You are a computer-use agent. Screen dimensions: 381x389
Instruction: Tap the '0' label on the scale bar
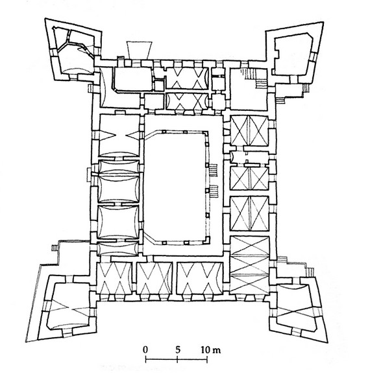[145, 350]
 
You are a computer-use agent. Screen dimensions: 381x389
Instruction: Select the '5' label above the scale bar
[177, 350]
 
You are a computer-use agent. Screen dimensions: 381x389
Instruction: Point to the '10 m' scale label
[210, 350]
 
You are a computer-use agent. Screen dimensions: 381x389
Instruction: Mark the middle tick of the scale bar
[177, 359]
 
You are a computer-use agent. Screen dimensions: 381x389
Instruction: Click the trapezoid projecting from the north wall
[139, 50]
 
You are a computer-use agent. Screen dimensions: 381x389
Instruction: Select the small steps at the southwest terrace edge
[55, 248]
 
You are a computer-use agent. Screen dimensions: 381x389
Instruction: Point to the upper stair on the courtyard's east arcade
[214, 170]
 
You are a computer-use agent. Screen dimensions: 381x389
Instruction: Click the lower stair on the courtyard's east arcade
[214, 191]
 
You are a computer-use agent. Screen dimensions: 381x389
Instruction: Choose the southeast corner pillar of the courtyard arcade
[207, 240]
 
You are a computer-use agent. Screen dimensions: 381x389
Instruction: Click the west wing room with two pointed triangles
[119, 136]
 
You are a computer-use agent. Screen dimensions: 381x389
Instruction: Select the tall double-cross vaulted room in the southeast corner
[250, 265]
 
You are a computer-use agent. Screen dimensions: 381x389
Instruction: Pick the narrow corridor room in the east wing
[250, 157]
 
